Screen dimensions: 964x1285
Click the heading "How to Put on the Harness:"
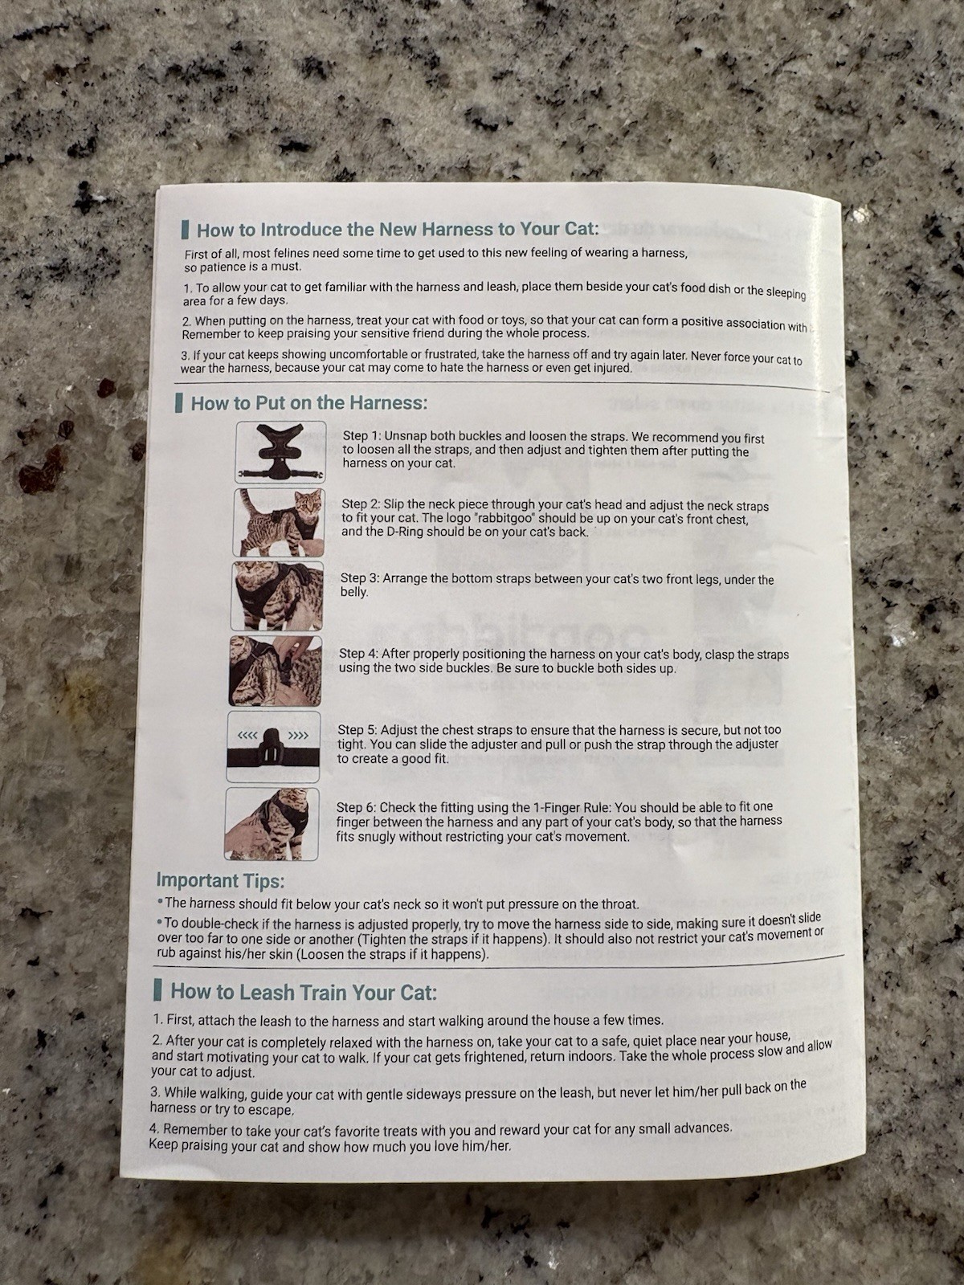[x=309, y=403]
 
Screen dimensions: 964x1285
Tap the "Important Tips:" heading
[x=220, y=880]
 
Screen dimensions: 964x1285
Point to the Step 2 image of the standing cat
[x=279, y=522]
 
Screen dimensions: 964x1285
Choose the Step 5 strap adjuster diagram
[x=273, y=746]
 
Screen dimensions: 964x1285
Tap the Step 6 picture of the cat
[x=272, y=824]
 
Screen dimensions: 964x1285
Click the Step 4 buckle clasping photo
[x=275, y=671]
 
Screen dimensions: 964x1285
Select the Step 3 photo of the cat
[x=277, y=596]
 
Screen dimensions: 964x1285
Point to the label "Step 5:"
[x=357, y=731]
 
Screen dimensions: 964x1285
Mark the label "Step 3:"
[x=361, y=578]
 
